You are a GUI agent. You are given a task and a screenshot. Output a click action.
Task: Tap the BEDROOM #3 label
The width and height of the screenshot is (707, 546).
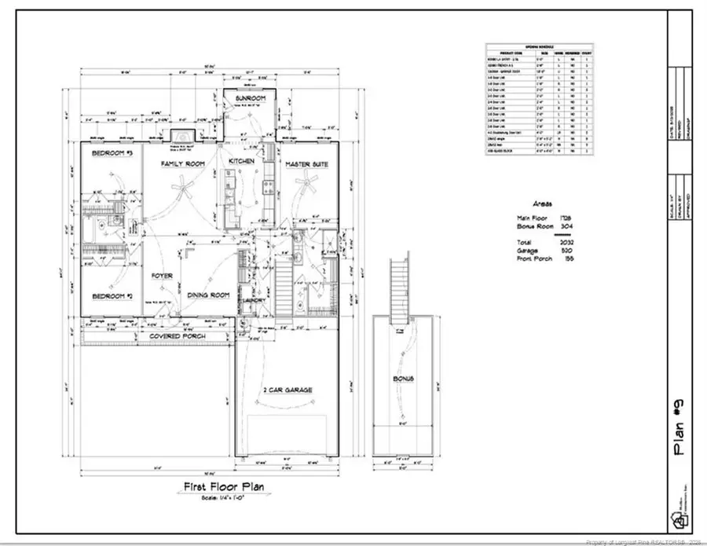pyautogui.click(x=111, y=153)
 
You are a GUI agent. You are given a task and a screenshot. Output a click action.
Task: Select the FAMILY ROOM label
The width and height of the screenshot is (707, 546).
pyautogui.click(x=182, y=163)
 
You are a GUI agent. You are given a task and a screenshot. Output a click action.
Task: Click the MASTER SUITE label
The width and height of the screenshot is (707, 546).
pyautogui.click(x=306, y=164)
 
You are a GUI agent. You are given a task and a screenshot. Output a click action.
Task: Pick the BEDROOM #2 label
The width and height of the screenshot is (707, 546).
pyautogui.click(x=111, y=296)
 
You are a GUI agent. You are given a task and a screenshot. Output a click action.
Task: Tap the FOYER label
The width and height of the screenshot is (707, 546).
pyautogui.click(x=163, y=277)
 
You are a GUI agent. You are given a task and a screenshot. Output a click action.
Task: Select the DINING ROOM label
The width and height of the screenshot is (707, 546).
pyautogui.click(x=208, y=295)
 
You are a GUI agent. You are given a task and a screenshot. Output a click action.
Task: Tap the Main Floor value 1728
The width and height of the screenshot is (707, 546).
pyautogui.click(x=566, y=216)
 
